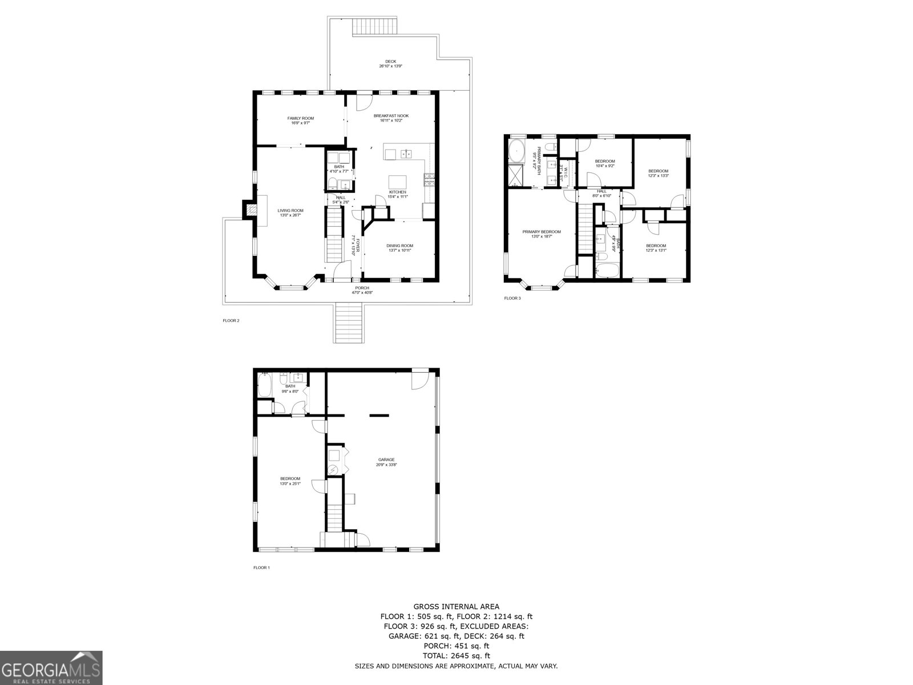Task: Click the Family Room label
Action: click(300, 120)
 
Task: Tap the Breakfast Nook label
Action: click(391, 118)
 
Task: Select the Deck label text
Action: click(391, 64)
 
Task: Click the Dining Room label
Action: click(399, 248)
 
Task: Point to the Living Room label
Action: click(290, 212)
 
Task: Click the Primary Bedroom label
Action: click(542, 234)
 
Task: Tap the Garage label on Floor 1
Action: click(386, 462)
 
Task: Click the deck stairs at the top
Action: click(375, 27)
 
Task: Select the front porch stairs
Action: click(349, 323)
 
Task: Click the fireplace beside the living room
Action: click(250, 209)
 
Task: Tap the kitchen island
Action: click(398, 182)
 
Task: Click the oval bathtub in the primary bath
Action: click(516, 151)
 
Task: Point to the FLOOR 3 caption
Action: click(512, 298)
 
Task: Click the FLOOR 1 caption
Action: click(261, 567)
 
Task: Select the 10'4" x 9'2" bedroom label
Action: click(605, 163)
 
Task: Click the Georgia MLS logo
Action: click(51, 667)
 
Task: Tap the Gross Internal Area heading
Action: click(456, 606)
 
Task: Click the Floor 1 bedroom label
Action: click(290, 481)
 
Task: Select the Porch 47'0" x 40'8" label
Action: click(362, 290)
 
